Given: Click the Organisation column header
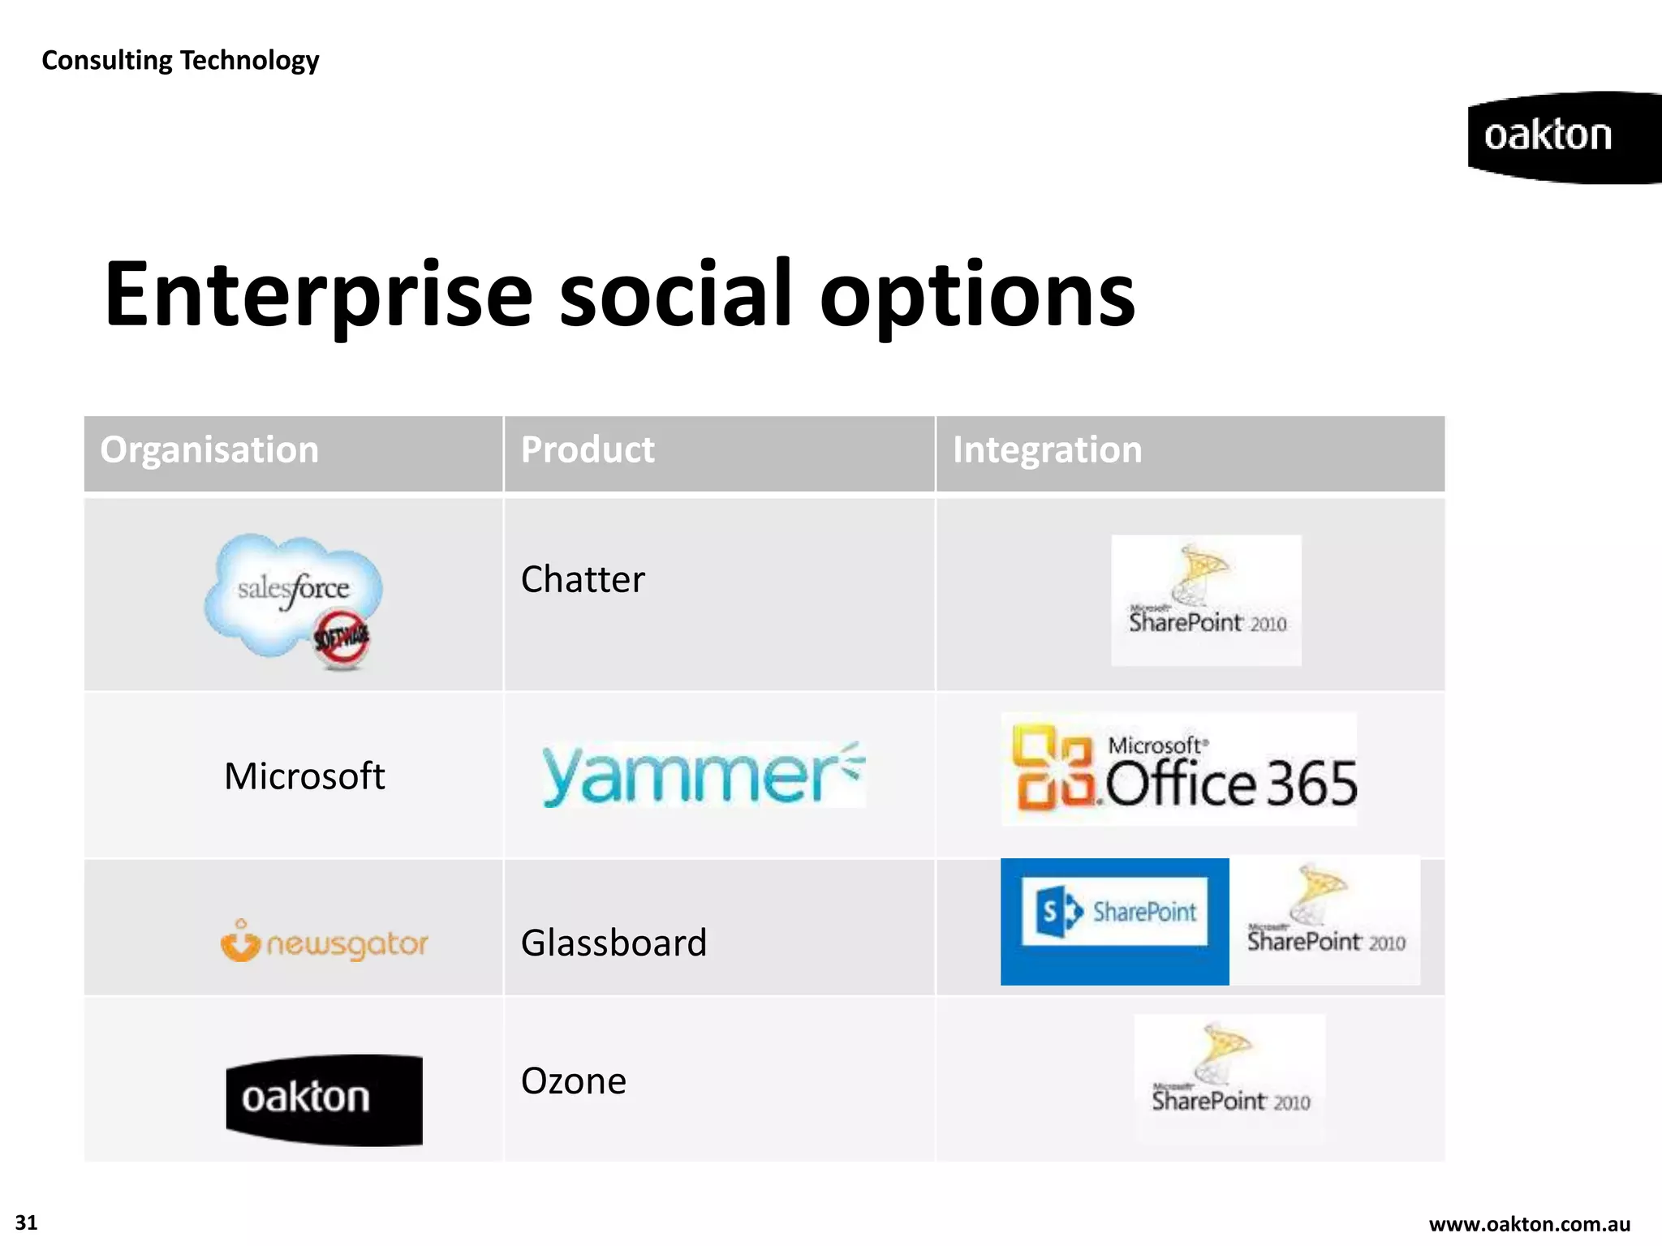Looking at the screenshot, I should click(x=209, y=450).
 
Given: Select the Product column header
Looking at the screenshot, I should click(x=588, y=450).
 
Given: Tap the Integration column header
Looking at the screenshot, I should click(x=1047, y=450).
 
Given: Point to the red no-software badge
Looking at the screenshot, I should click(x=342, y=638).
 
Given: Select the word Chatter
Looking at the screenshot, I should click(x=583, y=580).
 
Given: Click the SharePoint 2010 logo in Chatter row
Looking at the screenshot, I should click(x=1206, y=601).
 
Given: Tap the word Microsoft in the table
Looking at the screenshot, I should click(x=304, y=776).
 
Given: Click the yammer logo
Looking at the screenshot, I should click(x=703, y=775).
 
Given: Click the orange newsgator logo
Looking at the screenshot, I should click(x=324, y=943).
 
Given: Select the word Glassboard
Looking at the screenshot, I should click(x=614, y=943).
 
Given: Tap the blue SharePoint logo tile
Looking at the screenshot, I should click(x=1114, y=921).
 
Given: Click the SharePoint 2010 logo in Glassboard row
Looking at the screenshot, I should click(x=1325, y=921).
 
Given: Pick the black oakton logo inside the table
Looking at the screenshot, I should click(x=324, y=1099).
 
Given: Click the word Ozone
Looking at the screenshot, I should click(x=574, y=1081).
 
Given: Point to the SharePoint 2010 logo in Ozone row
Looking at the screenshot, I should click(x=1229, y=1079).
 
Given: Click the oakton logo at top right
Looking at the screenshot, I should click(x=1558, y=136).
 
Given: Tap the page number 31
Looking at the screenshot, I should click(x=26, y=1223).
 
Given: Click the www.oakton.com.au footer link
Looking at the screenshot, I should click(x=1529, y=1224).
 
